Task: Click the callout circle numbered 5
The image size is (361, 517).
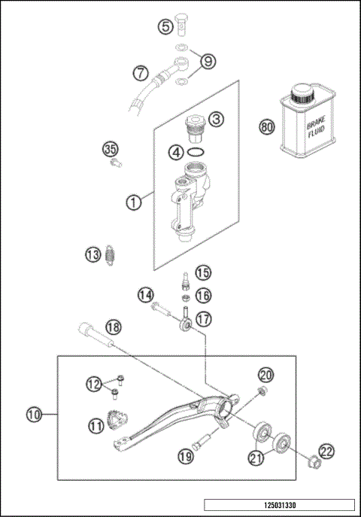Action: [x=165, y=27]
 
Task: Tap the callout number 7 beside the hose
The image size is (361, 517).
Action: [x=140, y=74]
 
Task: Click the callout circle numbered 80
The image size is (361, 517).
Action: [x=265, y=126]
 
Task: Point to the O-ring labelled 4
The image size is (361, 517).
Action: [x=196, y=153]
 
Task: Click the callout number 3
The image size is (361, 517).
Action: [x=215, y=119]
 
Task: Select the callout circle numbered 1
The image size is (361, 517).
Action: [x=132, y=202]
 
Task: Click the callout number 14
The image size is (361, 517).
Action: [x=145, y=293]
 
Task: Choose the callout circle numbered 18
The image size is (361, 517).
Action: [x=113, y=327]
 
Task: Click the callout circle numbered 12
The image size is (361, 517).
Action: [x=93, y=384]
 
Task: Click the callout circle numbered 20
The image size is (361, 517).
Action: [x=266, y=375]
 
